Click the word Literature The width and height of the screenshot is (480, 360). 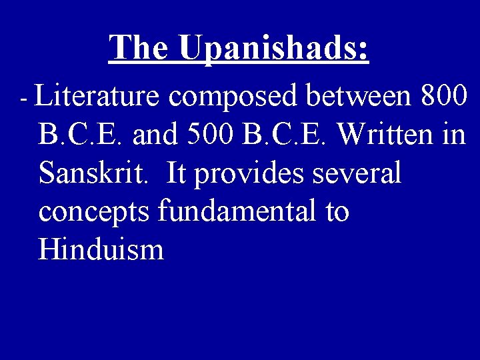97,97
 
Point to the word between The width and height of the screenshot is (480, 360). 361,97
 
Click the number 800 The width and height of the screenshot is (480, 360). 445,97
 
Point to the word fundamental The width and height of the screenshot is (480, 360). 238,212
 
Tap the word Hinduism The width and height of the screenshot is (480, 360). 101,250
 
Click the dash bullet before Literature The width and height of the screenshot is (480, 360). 23,99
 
